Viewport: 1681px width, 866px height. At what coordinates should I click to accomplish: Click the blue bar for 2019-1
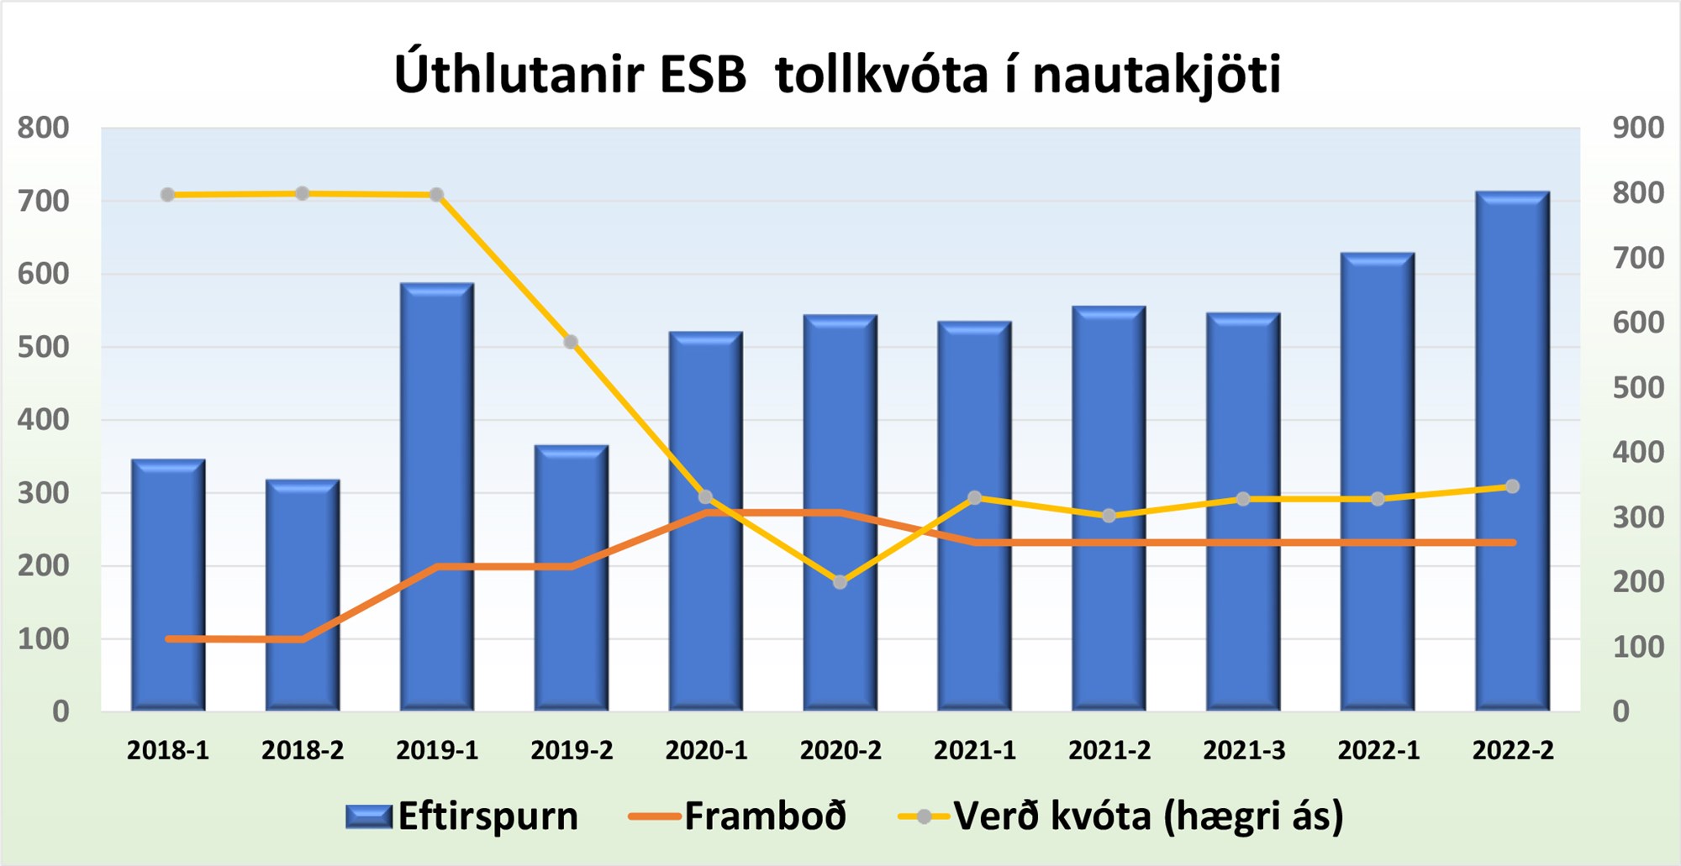coord(437,497)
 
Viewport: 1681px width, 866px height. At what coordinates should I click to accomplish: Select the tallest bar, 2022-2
coord(1513,451)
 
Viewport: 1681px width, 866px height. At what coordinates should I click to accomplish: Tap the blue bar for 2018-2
coord(303,596)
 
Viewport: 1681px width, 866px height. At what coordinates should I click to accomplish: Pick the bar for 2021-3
coord(1244,512)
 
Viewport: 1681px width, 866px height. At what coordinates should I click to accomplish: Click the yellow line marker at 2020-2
coord(840,582)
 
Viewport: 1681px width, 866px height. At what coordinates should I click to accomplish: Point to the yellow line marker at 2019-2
coord(571,342)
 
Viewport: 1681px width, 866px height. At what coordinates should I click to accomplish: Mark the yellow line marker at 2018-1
coord(167,195)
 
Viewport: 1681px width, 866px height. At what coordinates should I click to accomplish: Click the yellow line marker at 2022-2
coord(1512,486)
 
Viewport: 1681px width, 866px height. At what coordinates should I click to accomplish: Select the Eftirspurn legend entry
coord(462,816)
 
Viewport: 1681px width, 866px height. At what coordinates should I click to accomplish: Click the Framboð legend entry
coord(738,816)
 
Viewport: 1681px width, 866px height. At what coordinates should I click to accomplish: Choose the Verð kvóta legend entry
coord(1121,816)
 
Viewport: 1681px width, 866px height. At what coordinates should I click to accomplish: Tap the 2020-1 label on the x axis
coord(706,750)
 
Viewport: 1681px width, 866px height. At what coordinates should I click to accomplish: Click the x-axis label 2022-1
coord(1378,750)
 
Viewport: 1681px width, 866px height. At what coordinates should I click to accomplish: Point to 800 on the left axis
coord(44,128)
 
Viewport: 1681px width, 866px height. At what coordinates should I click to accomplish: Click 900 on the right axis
coord(1638,128)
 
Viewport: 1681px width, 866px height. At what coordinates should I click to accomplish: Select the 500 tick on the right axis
coord(1638,387)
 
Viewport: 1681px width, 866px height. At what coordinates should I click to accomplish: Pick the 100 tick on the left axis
coord(44,638)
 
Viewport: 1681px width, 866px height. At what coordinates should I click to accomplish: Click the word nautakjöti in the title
coord(1157,74)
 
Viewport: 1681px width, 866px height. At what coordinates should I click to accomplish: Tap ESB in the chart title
coord(703,74)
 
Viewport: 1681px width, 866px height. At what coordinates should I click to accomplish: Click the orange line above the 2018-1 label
coord(168,639)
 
